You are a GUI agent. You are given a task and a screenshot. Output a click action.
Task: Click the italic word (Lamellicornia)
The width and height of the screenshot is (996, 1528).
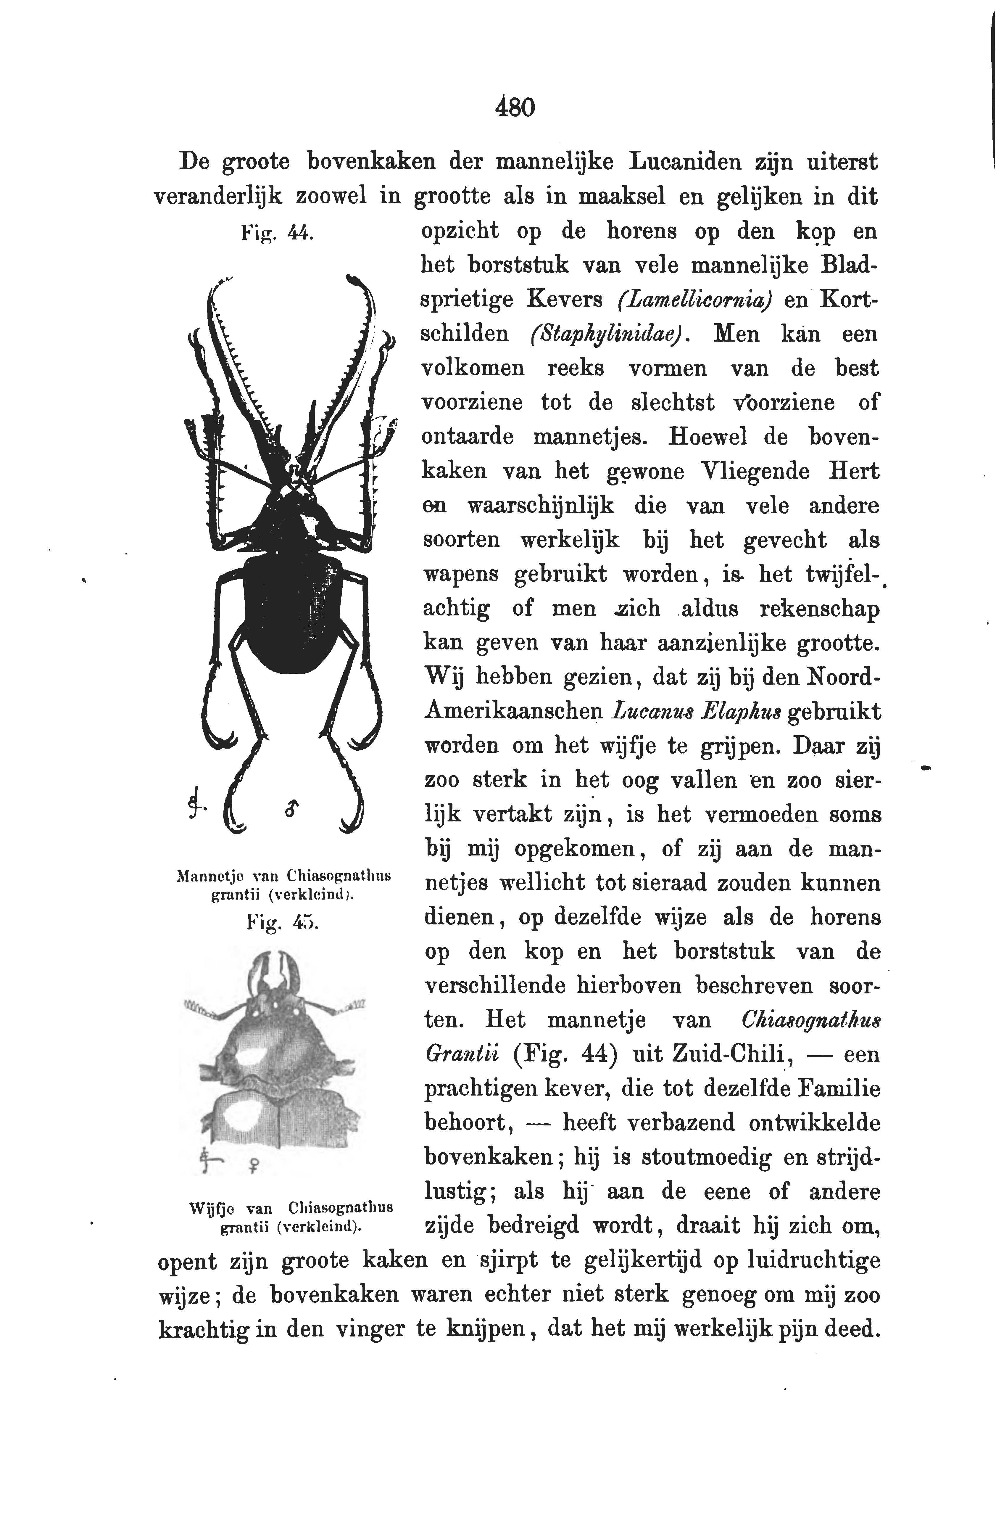coord(695,300)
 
